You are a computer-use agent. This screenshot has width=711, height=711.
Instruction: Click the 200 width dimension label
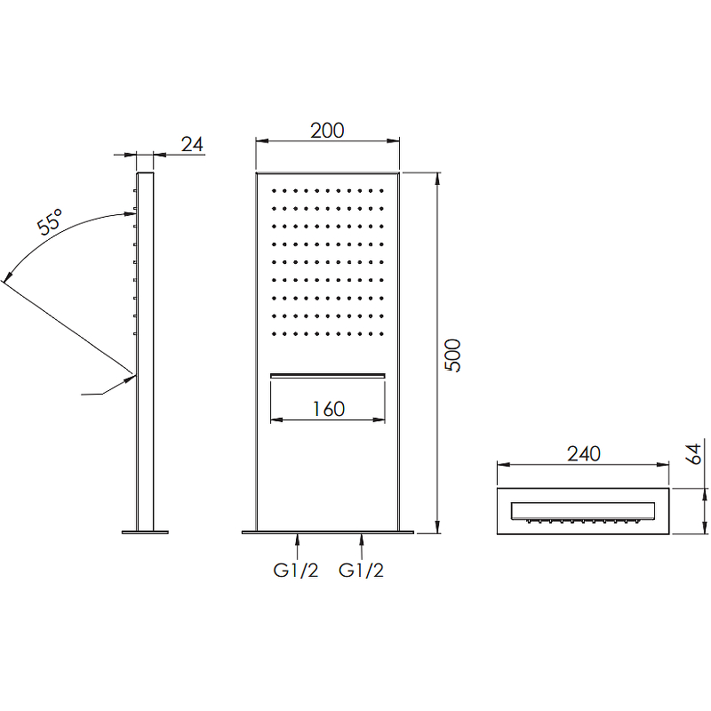tap(327, 131)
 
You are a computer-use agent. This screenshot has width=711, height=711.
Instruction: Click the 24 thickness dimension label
tap(192, 144)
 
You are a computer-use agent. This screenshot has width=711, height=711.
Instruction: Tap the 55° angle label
tap(50, 221)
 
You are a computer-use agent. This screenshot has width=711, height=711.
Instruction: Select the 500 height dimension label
tap(452, 355)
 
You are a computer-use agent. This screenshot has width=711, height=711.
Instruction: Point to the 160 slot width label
tap(328, 409)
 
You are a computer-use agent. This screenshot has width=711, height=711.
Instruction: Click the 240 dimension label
tap(584, 453)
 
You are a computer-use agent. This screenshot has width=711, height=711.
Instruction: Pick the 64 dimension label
tap(693, 454)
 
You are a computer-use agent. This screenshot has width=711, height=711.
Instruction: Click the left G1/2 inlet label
tap(296, 570)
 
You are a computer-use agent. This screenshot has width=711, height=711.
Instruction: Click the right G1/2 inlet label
tap(361, 570)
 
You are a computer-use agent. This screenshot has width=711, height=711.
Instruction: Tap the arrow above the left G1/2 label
tap(297, 547)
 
